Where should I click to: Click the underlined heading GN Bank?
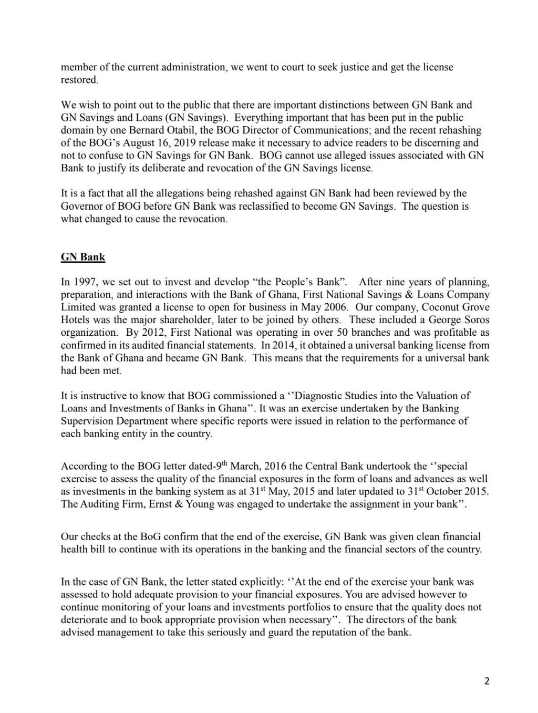pos(83,257)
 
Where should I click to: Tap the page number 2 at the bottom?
pos(487,681)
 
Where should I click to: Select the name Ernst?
pos(164,504)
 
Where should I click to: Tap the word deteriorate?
pos(85,619)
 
